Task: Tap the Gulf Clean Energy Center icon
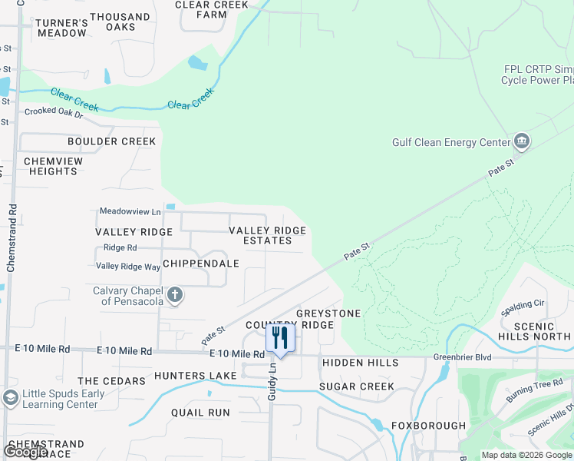(522, 141)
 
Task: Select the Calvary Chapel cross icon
(175, 295)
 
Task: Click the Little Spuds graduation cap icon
(10, 398)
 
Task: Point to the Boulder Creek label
(111, 141)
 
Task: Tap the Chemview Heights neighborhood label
(51, 166)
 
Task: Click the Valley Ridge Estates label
(268, 235)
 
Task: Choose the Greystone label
(328, 313)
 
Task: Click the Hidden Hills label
(360, 363)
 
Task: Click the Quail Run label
(200, 413)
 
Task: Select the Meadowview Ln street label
(130, 211)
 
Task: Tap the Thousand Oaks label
(120, 22)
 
